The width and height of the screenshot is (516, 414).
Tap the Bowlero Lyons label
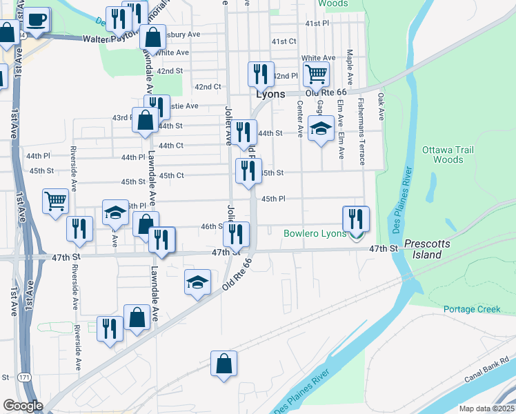(x=315, y=234)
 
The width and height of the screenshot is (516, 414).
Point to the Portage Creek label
(x=472, y=309)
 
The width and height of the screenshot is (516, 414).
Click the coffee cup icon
(x=38, y=19)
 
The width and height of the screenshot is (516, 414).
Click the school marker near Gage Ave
(x=320, y=129)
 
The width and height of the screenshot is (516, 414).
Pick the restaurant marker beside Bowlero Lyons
(x=356, y=219)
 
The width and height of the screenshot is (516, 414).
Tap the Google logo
(x=23, y=406)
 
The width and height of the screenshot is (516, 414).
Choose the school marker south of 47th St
(x=197, y=282)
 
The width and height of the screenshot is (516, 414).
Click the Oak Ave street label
(x=380, y=107)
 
